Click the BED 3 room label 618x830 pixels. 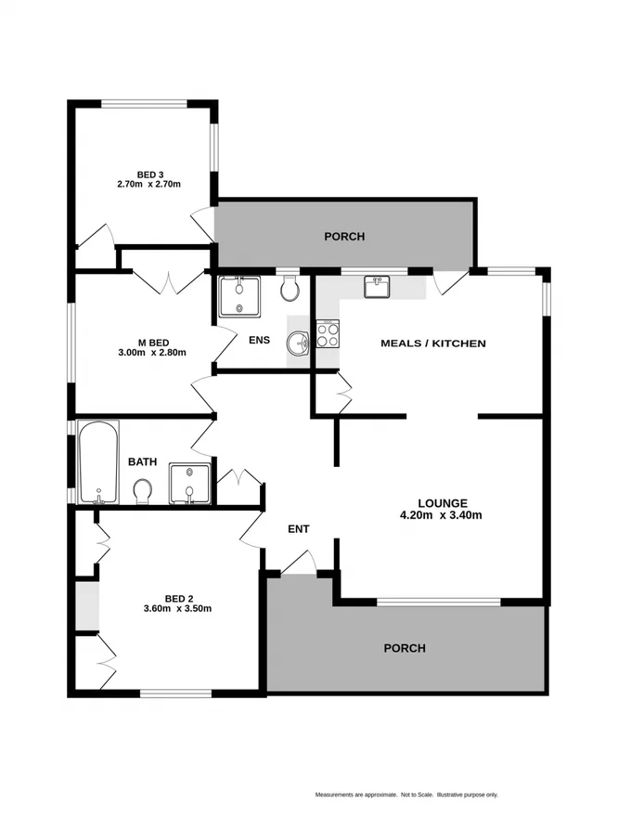tap(148, 174)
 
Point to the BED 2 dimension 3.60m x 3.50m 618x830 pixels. tap(178, 609)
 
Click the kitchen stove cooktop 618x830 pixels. tap(328, 333)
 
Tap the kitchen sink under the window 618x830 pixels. tap(377, 288)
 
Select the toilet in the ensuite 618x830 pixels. tap(290, 289)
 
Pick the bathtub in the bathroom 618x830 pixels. tap(97, 461)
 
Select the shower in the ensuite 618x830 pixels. tap(239, 297)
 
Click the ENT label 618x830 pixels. tap(298, 529)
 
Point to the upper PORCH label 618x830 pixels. tap(344, 237)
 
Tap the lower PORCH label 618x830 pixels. tap(405, 648)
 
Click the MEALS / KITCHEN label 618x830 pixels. tap(433, 344)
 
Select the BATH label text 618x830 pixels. tap(142, 461)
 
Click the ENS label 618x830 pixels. tap(260, 340)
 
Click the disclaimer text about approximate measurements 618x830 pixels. tap(406, 795)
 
